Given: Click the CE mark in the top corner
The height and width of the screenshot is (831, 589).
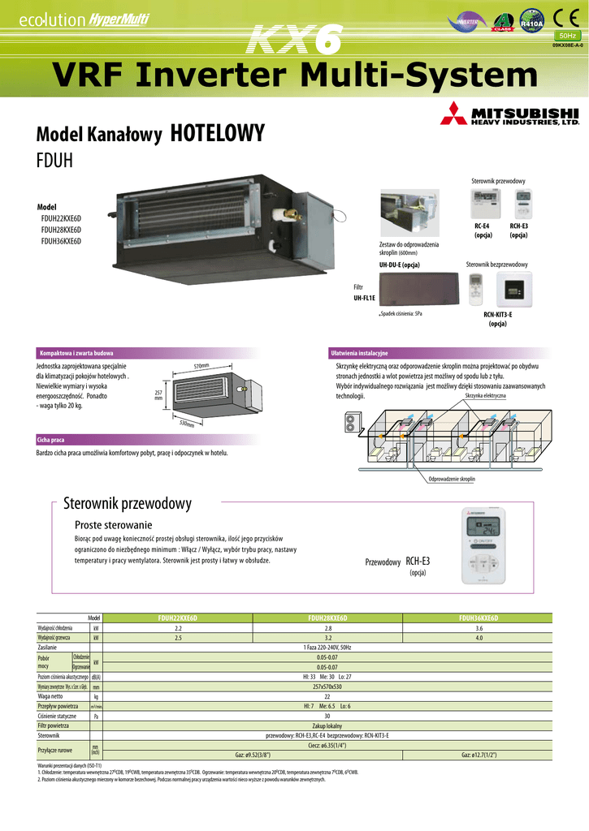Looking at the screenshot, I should (x=564, y=19).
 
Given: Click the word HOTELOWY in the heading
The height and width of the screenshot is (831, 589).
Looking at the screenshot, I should (x=219, y=134).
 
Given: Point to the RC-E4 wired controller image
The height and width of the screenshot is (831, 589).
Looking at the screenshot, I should (x=481, y=206).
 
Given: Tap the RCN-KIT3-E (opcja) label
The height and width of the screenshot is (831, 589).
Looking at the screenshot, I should (x=497, y=318).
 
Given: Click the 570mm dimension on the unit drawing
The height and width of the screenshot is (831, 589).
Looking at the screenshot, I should (x=201, y=366).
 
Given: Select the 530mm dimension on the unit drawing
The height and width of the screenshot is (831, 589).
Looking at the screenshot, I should (x=188, y=424).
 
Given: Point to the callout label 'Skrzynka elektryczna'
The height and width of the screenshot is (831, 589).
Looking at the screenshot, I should (x=485, y=395).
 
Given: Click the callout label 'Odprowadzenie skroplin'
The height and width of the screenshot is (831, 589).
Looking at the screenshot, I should (x=452, y=480).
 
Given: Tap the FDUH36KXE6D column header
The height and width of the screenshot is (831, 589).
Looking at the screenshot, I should (x=479, y=618).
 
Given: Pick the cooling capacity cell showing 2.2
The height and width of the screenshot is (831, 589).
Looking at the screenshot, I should (x=178, y=628).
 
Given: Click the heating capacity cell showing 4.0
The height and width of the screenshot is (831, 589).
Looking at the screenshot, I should (x=479, y=638).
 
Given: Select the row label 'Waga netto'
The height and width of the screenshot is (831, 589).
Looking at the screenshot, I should (x=51, y=696).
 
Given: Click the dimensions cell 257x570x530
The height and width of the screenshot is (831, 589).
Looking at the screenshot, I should (x=327, y=687).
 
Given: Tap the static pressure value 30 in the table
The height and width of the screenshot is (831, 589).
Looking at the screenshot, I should (x=327, y=716).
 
